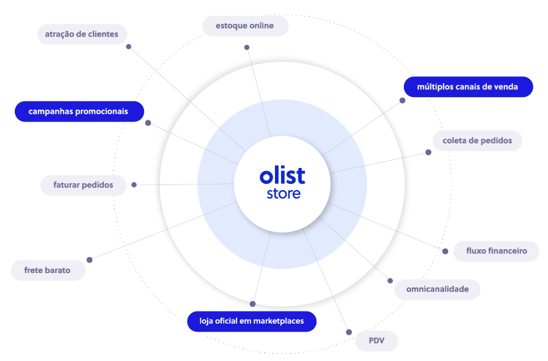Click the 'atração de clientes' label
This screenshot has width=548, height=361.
[x=82, y=34]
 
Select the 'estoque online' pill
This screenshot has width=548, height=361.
[x=244, y=26]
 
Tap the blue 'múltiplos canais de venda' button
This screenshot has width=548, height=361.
[x=467, y=87]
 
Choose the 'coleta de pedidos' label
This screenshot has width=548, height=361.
[x=477, y=140]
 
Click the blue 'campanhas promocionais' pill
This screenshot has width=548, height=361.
[x=78, y=112]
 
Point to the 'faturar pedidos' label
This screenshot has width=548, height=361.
[x=82, y=184]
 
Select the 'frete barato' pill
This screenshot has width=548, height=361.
[x=47, y=270]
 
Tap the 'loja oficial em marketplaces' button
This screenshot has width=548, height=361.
[x=251, y=321]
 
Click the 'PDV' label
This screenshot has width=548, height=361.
[x=376, y=341]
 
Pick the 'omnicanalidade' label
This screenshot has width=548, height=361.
[x=437, y=289]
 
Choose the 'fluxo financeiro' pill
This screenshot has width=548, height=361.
[x=496, y=251]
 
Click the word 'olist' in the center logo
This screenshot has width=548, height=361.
[x=282, y=176]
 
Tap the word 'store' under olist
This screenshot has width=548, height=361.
[x=283, y=194]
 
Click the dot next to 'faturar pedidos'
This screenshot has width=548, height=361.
[x=134, y=184]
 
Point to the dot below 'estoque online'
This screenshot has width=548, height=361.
[x=247, y=47]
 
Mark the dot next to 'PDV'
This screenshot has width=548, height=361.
[x=349, y=332]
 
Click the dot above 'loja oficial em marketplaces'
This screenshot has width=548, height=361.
[x=252, y=304]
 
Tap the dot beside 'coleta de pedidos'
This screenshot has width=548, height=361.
[x=428, y=152]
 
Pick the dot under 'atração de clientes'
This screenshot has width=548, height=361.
[x=128, y=46]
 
